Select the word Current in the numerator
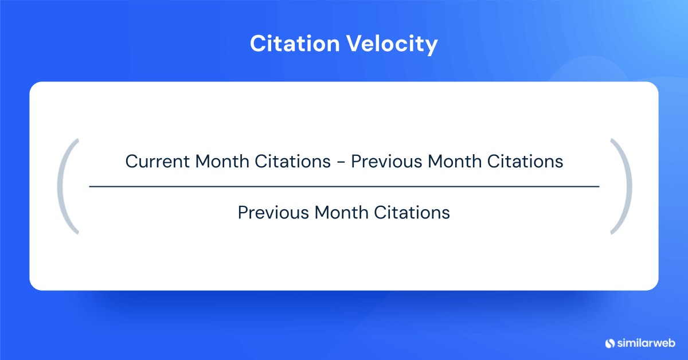(158, 162)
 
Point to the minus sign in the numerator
(341, 162)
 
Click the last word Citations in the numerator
(525, 162)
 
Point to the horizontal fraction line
(344, 187)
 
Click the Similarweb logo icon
(609, 343)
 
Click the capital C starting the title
(257, 44)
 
